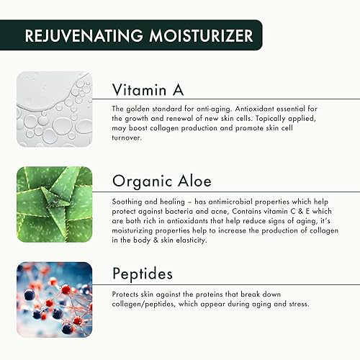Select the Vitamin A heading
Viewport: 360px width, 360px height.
coord(148,89)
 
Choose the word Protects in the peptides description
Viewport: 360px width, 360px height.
coord(127,295)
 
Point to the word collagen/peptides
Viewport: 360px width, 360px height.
coord(145,305)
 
